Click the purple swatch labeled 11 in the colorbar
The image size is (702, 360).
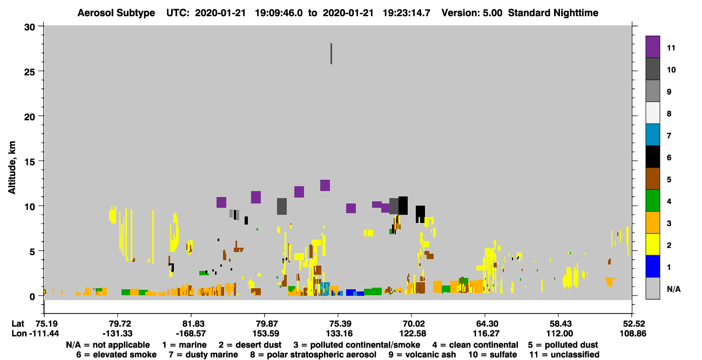[652, 46]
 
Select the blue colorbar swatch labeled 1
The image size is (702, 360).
[652, 266]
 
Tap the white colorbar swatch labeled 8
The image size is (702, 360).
[652, 112]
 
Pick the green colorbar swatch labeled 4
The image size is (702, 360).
[652, 201]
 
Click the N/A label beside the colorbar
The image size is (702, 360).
[673, 289]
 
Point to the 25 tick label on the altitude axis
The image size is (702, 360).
[30, 72]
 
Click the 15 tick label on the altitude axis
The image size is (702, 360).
[30, 162]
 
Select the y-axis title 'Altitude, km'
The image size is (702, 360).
[11, 167]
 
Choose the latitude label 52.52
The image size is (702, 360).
[633, 324]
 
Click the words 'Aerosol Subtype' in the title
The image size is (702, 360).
[116, 13]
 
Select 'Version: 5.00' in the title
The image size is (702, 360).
[471, 13]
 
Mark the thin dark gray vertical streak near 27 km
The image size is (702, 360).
[331, 53]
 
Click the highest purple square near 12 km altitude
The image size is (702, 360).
[325, 186]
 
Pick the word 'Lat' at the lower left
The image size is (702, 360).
[17, 324]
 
